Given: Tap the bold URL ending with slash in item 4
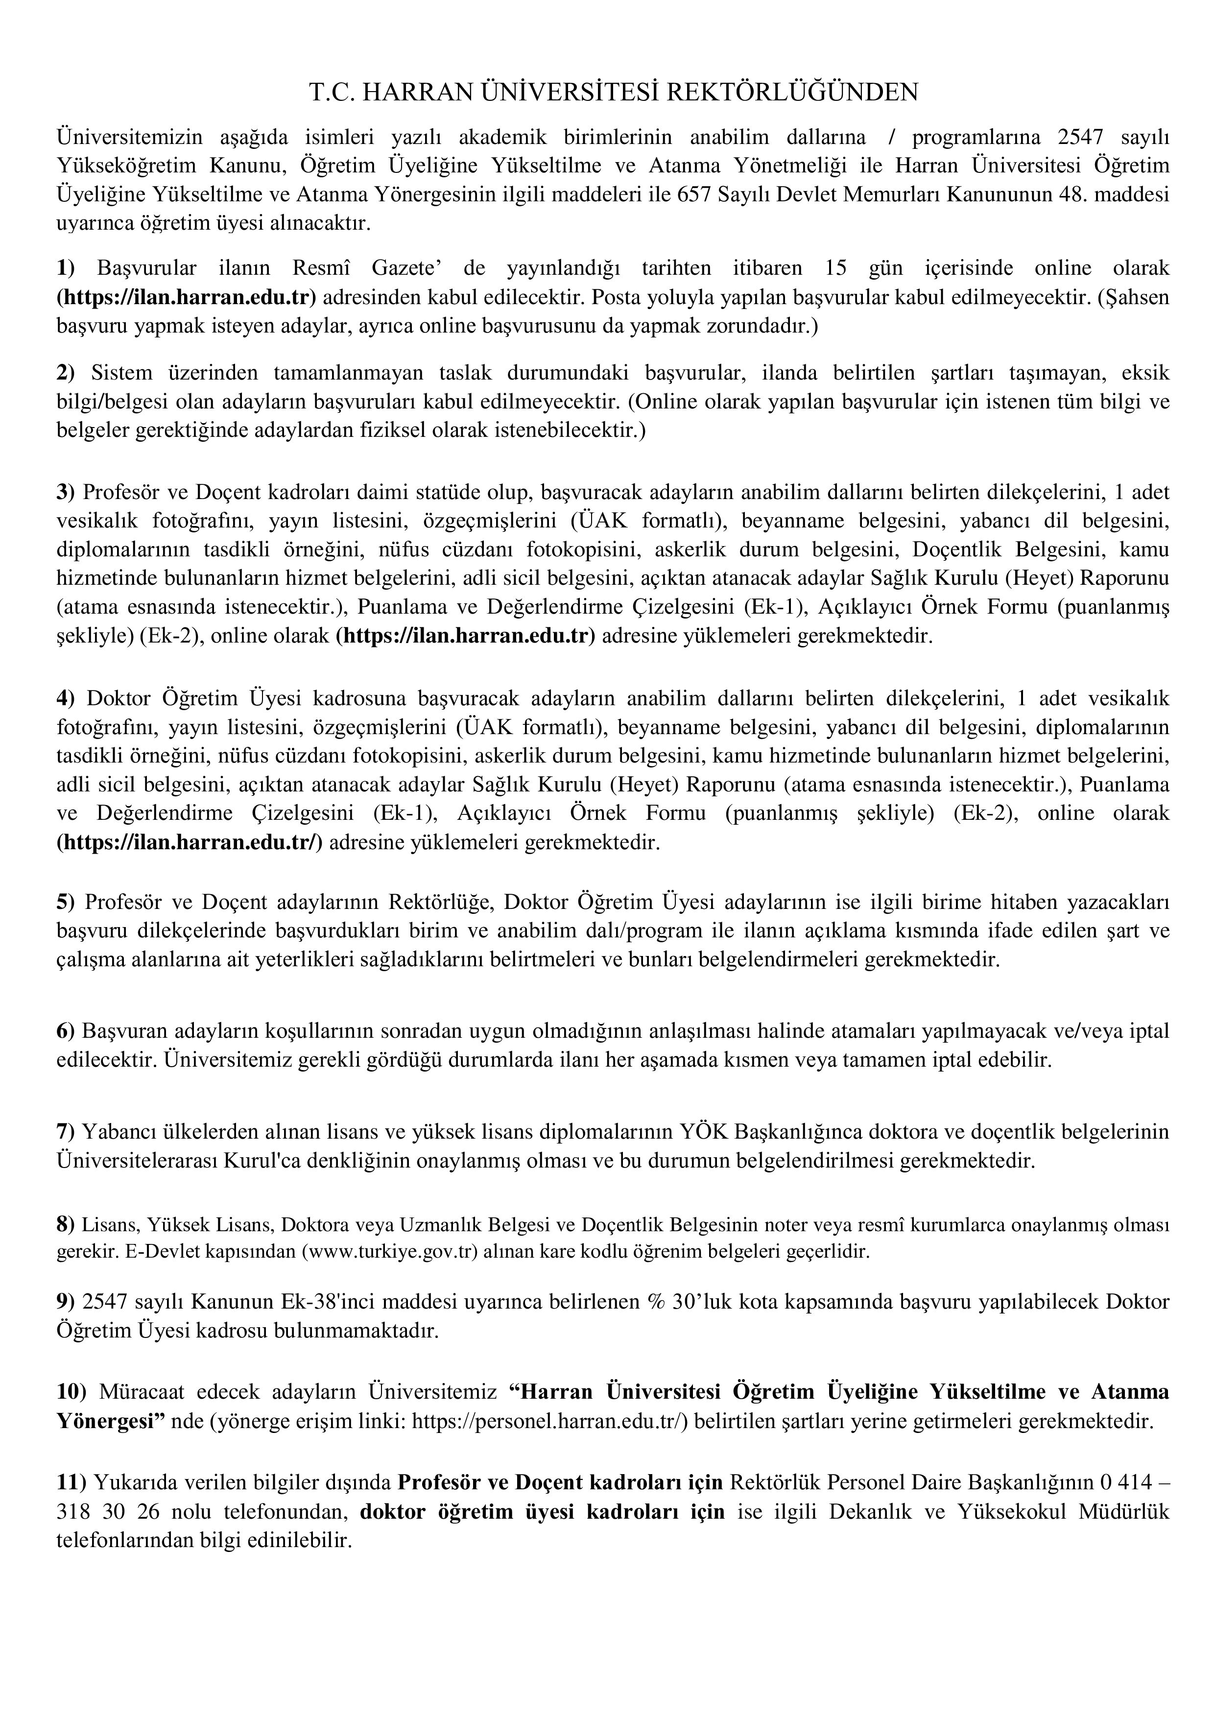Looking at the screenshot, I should click(x=190, y=842).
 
